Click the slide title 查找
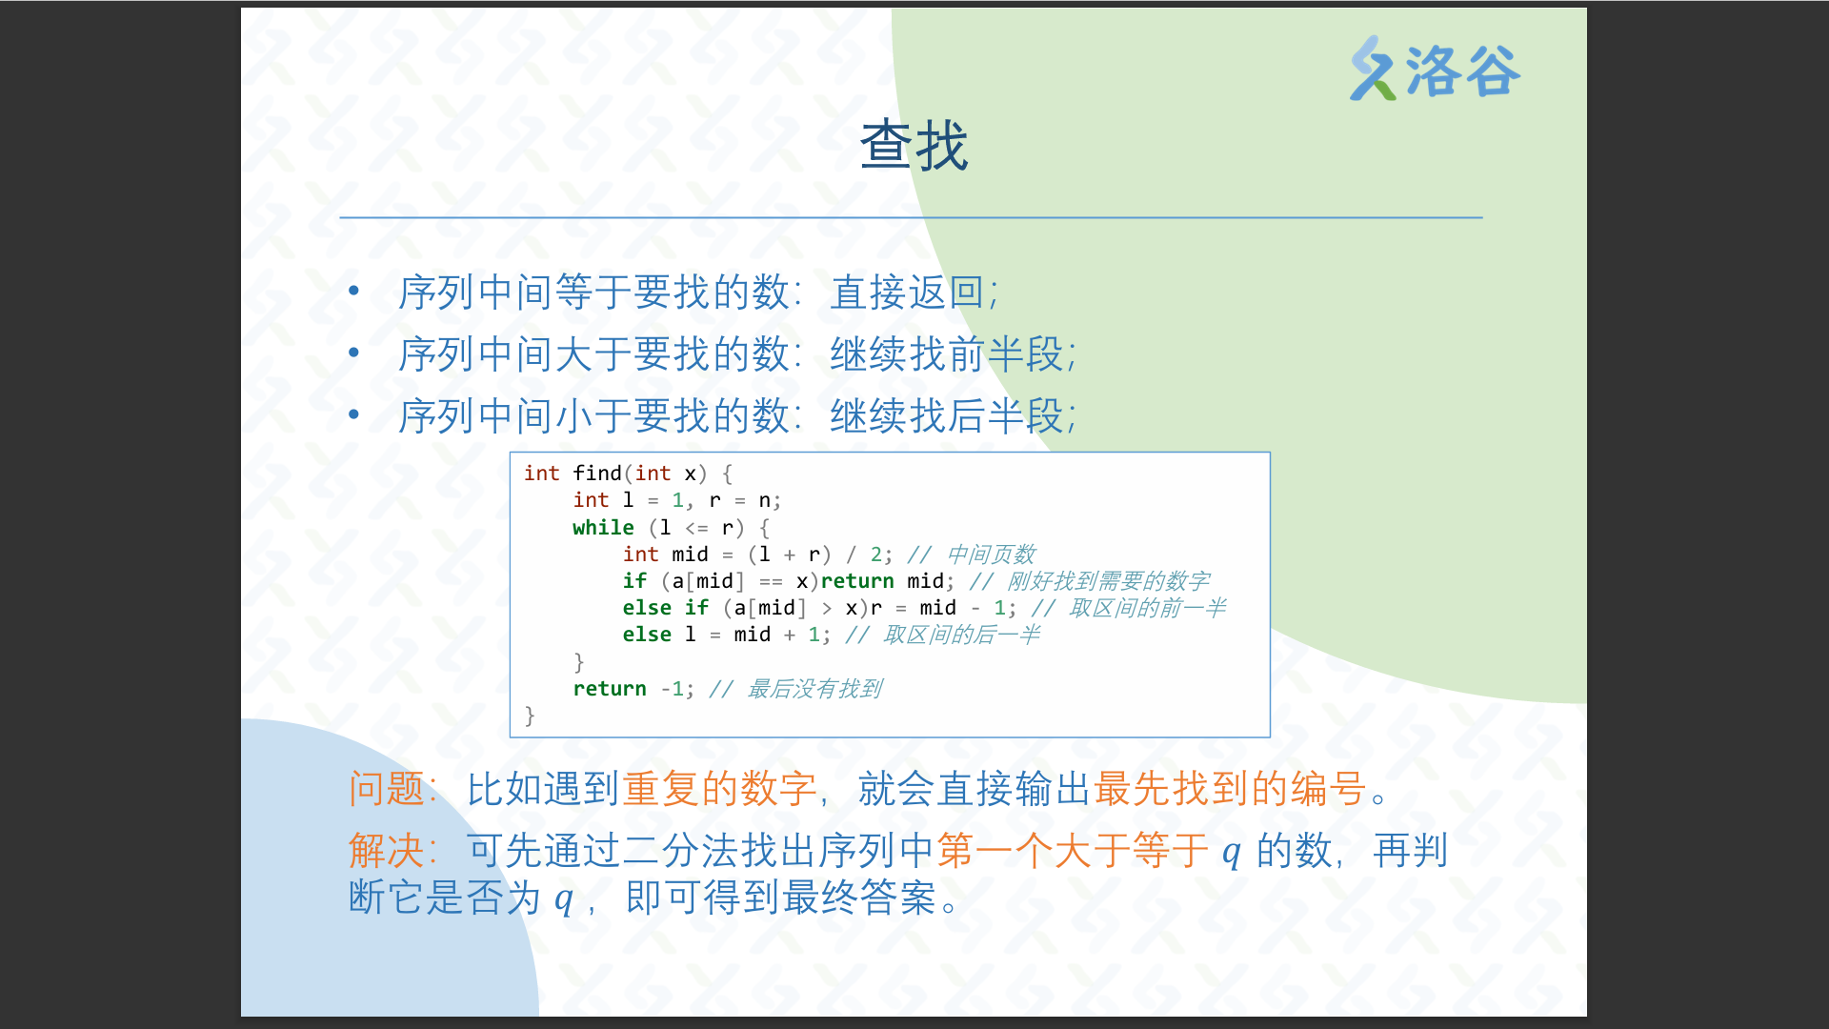[x=914, y=146]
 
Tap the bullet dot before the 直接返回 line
[x=353, y=290]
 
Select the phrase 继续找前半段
[x=947, y=354]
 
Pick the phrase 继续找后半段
[x=947, y=416]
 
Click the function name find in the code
[x=597, y=474]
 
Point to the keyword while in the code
[x=603, y=528]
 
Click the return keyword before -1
[x=610, y=689]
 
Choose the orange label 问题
[x=386, y=789]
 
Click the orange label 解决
[x=386, y=850]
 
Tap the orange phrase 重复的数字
[x=720, y=789]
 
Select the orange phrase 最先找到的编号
[x=1229, y=789]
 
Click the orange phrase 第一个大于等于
[x=1073, y=850]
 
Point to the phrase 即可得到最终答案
[x=781, y=898]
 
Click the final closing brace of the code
[x=530, y=716]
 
